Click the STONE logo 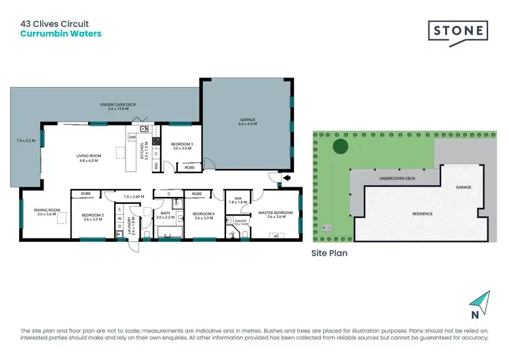(x=457, y=33)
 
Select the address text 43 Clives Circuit (x=54, y=24)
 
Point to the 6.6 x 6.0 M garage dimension (x=247, y=124)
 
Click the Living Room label (x=88, y=156)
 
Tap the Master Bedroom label (x=275, y=213)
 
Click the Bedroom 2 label (x=93, y=215)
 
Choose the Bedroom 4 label (x=204, y=214)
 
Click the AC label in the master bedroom (x=276, y=236)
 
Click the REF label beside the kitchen (x=155, y=165)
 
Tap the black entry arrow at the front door (x=286, y=179)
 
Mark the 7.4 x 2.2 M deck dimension (x=25, y=141)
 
